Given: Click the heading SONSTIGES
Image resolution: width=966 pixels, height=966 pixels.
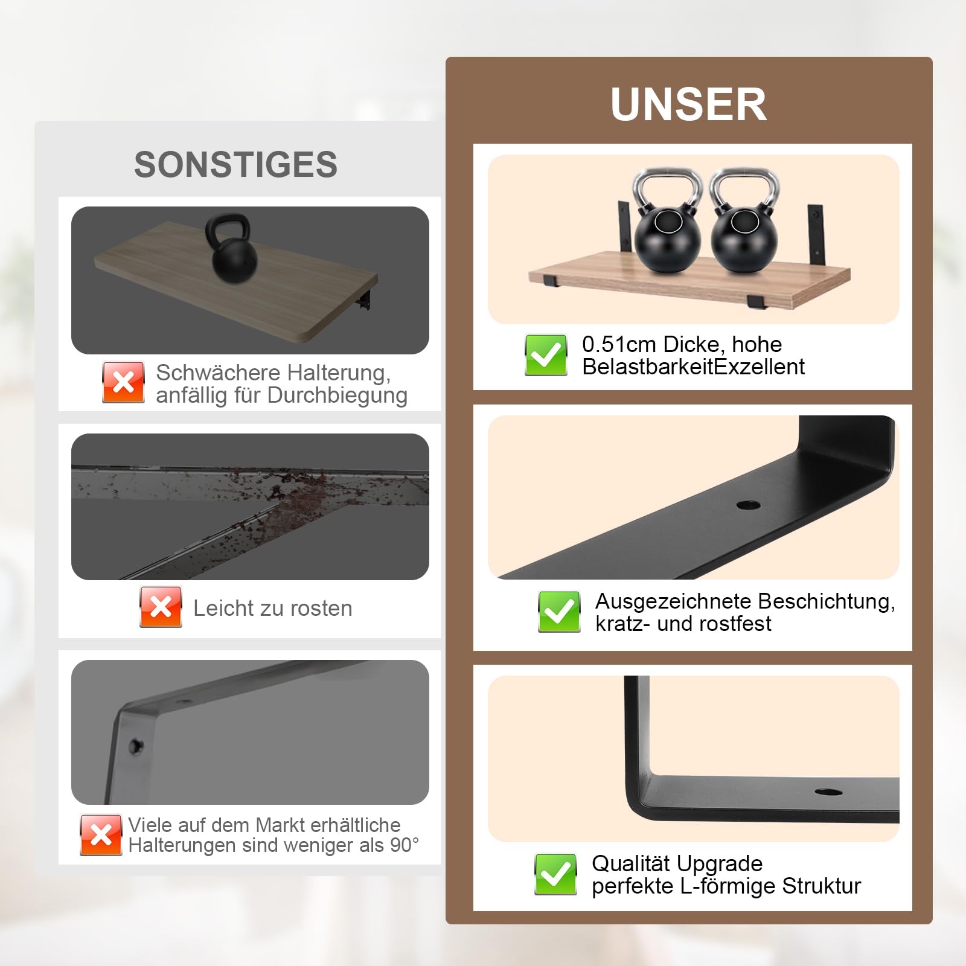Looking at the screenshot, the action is [x=235, y=165].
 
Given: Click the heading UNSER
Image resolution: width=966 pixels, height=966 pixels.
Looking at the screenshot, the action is [x=689, y=104].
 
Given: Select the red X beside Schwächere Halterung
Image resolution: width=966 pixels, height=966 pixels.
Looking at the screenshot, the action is [x=123, y=382].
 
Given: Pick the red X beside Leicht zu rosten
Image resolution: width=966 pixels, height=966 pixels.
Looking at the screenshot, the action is [x=161, y=607].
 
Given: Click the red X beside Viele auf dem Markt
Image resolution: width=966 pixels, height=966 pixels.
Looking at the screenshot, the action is [x=101, y=835].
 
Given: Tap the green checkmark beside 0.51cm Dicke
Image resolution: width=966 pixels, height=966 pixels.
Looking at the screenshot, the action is [x=546, y=355].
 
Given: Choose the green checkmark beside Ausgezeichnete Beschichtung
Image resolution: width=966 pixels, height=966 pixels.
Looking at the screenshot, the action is [x=559, y=612].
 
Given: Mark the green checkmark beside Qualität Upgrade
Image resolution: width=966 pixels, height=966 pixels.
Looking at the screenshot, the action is [x=555, y=874].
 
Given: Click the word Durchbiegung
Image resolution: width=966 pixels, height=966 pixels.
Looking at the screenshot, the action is [x=337, y=396].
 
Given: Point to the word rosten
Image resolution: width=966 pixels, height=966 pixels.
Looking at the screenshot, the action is [x=317, y=609].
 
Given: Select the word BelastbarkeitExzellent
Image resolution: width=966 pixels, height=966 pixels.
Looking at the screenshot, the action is [x=693, y=366].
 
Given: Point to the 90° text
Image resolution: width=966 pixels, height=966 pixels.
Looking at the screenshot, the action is [x=405, y=845].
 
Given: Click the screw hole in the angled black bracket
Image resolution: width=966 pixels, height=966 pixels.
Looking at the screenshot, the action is [x=748, y=504].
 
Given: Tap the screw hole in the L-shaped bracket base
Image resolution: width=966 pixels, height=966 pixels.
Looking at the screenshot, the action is [x=828, y=792].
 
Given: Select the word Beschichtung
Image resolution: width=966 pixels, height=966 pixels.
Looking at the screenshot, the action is [x=827, y=602].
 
